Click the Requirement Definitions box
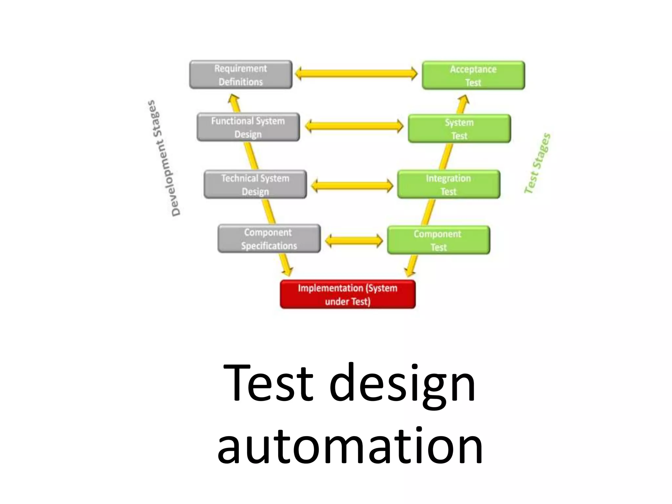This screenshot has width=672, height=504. tap(241, 75)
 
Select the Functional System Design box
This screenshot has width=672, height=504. tap(248, 127)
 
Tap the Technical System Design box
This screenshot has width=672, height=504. tap(255, 184)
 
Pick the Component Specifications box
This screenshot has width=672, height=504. tap(269, 239)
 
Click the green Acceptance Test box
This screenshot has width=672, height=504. tap(473, 75)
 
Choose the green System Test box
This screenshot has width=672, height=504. tap(459, 129)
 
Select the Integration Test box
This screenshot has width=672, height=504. tap(448, 184)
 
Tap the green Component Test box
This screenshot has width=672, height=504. tap(438, 240)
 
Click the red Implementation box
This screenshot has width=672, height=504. tap(347, 294)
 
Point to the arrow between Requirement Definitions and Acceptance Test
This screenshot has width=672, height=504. tap(356, 73)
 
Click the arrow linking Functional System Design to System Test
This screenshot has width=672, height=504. tap(354, 126)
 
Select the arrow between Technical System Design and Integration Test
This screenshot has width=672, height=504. tap(352, 186)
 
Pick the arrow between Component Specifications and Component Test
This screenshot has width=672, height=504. tap(354, 241)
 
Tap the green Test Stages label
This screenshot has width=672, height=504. tap(537, 163)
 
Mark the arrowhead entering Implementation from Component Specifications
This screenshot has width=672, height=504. tap(287, 270)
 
